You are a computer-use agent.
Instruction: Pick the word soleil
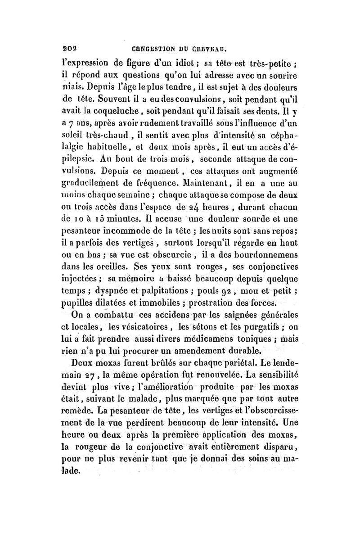tap(73, 135)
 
